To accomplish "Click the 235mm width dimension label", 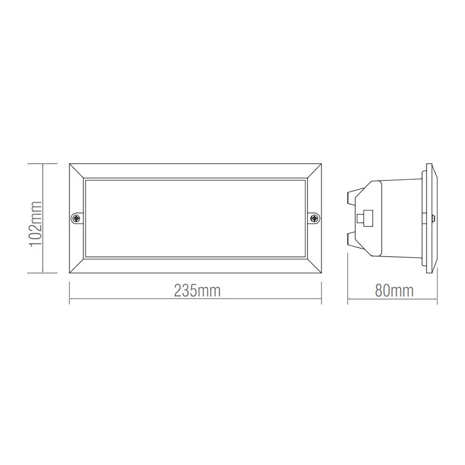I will click(x=197, y=291).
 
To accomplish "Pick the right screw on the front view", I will click(x=315, y=218).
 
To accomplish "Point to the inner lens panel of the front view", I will click(x=195, y=218).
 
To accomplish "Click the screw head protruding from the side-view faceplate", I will click(x=433, y=217).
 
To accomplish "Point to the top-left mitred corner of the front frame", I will click(x=77, y=170).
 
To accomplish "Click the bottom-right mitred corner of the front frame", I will click(x=313, y=266).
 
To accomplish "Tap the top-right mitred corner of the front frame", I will click(x=313, y=170).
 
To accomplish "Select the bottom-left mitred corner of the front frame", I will click(x=77, y=266).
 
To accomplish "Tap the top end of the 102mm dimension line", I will click(x=43, y=163).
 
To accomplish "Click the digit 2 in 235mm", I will click(x=179, y=291).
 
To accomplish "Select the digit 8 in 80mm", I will click(x=379, y=291).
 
